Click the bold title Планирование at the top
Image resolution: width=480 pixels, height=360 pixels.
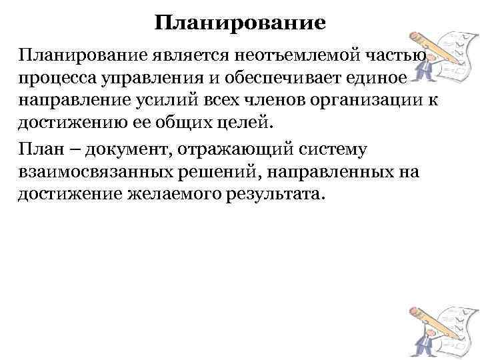tap(240, 24)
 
